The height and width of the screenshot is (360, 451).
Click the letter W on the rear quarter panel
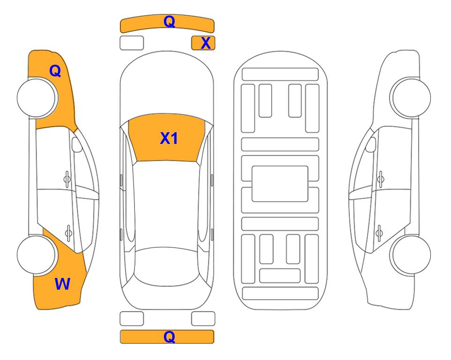[62, 284]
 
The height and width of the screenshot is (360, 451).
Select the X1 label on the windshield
[169, 138]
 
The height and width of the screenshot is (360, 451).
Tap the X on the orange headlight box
[206, 43]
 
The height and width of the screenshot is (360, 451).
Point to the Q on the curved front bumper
[169, 21]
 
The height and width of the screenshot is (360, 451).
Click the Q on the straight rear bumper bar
[169, 337]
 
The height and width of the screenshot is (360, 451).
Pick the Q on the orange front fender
[55, 70]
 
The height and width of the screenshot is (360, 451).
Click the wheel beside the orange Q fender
[37, 98]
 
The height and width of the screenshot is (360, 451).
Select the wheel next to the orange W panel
[37, 255]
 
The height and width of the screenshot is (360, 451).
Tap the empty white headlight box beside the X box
[132, 43]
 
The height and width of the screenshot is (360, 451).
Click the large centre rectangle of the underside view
[280, 184]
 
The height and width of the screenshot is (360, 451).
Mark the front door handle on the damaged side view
[67, 180]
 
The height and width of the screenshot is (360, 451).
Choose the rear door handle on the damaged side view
[68, 232]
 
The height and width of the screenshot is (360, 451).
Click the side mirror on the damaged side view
[77, 144]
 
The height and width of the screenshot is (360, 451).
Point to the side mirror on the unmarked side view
[370, 144]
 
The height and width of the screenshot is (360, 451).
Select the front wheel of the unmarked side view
[410, 98]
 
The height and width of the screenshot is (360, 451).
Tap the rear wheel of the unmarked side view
[411, 255]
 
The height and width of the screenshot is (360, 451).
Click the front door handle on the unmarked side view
[381, 180]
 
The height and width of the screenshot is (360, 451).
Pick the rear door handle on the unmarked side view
[379, 232]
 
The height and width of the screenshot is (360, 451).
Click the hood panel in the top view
[167, 86]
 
